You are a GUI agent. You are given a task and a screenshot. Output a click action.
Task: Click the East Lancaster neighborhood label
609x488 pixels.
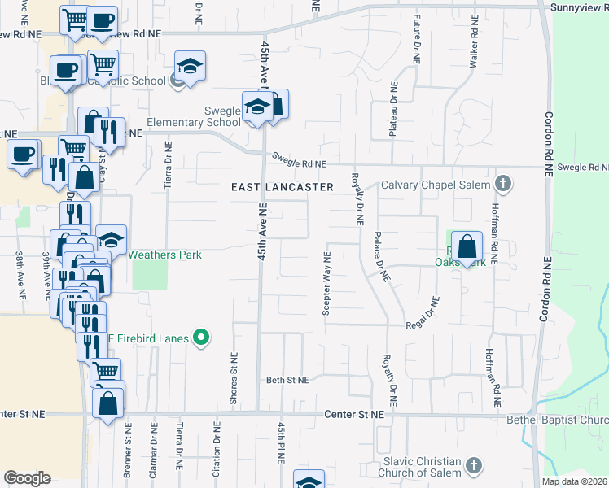point(282,187)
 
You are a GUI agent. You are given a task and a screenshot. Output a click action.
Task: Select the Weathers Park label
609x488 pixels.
point(165,255)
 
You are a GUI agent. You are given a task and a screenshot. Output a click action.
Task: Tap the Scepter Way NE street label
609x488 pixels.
point(326,284)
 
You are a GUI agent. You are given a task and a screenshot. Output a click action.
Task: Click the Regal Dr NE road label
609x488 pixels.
point(426,312)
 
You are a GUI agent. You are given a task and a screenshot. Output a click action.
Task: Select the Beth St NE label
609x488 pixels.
point(287,380)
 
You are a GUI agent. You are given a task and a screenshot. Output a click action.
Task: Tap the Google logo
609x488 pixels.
point(27,478)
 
